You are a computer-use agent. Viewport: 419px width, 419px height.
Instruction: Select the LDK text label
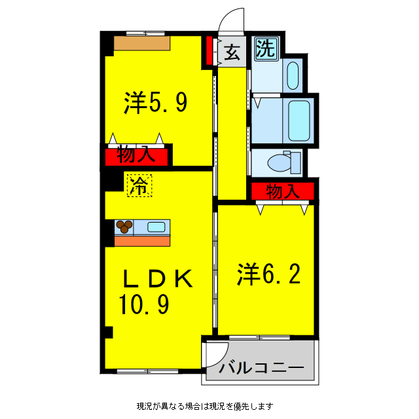click(x=158, y=280)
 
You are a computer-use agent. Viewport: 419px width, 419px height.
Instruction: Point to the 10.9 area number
click(x=145, y=304)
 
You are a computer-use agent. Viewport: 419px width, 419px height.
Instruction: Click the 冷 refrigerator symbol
click(x=138, y=185)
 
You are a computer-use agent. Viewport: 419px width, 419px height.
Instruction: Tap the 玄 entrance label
click(x=231, y=52)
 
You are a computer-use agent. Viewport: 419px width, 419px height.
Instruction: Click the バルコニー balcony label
click(x=261, y=368)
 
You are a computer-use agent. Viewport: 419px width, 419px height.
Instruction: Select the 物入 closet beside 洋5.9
click(x=136, y=156)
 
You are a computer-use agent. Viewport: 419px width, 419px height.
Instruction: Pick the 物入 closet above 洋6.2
click(x=283, y=191)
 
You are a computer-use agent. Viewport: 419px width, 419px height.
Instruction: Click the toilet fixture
click(x=284, y=162)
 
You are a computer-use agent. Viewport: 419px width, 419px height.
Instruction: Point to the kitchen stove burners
click(x=124, y=227)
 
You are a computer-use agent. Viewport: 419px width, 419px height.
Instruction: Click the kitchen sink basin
click(x=156, y=227)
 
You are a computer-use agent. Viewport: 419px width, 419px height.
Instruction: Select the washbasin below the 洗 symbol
click(x=293, y=75)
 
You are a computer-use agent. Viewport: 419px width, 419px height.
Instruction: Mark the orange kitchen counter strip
click(x=142, y=240)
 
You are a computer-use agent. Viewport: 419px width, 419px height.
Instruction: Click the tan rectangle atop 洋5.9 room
click(x=142, y=43)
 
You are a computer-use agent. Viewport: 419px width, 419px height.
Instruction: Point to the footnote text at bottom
click(x=205, y=406)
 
